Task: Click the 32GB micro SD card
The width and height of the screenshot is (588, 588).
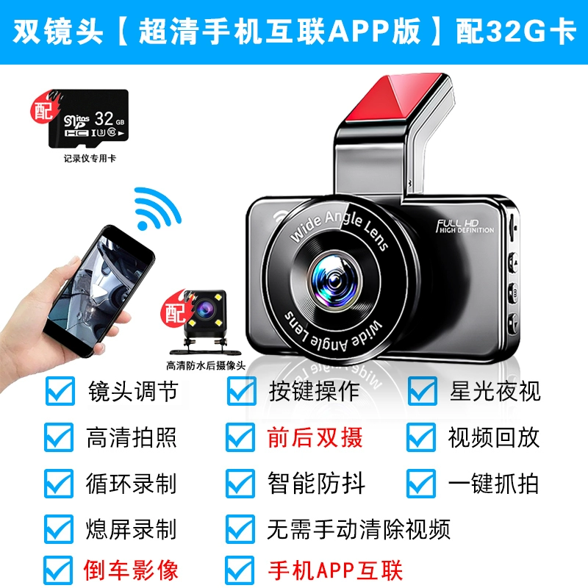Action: coord(88,118)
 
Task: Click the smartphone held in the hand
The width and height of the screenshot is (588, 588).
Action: coord(99,290)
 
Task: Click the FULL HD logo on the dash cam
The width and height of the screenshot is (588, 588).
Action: coord(465,226)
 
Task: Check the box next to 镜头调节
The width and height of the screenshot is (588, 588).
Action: coord(60,391)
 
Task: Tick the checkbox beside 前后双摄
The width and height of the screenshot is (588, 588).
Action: coord(240,437)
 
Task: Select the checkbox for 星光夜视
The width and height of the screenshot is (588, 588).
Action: coord(422,391)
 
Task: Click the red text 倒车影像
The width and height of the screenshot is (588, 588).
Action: coord(131,570)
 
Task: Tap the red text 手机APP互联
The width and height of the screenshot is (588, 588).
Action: coord(335,570)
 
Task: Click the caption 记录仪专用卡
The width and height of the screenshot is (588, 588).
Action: coord(90,158)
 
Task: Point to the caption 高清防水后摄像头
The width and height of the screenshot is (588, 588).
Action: coord(206,365)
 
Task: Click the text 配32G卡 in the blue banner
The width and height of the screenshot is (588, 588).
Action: coord(515,32)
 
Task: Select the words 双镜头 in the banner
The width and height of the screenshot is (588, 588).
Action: coord(58,32)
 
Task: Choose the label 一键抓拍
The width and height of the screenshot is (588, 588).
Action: coord(493,484)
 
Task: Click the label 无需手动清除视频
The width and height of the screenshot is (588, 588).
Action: coord(359,529)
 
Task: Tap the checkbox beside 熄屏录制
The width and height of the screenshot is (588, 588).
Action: coord(59,529)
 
